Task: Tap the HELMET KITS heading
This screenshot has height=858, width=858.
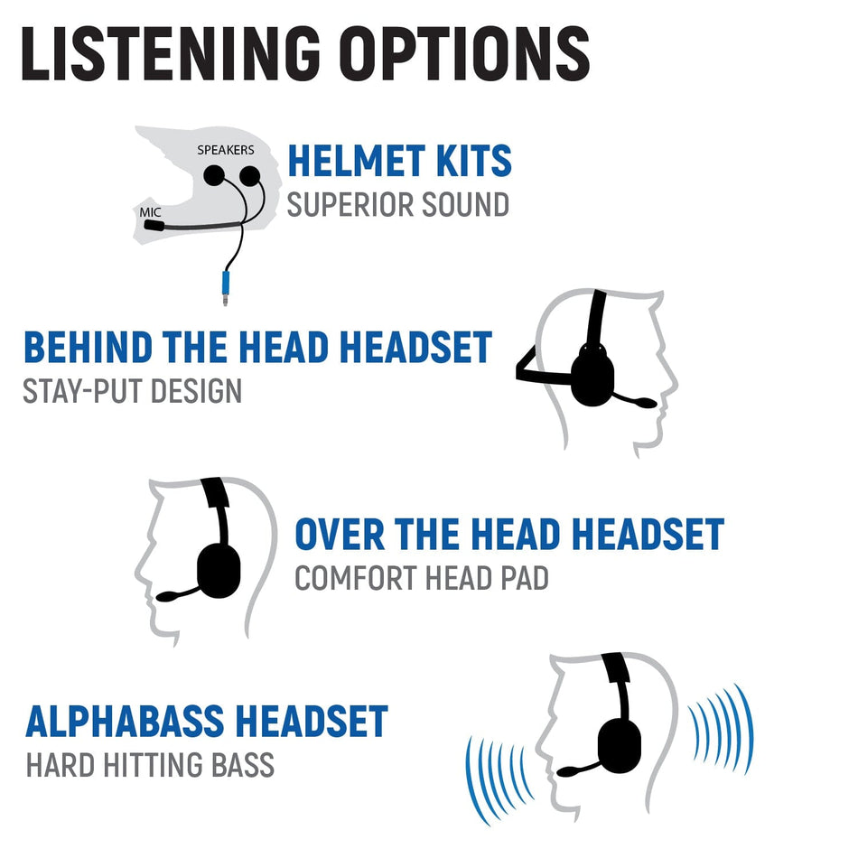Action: (399, 162)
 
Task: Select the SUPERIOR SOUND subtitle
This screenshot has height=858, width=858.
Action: (397, 205)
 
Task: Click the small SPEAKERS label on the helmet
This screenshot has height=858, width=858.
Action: (225, 150)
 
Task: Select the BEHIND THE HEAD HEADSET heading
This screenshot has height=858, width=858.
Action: (257, 348)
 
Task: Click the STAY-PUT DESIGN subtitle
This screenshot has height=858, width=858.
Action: (132, 391)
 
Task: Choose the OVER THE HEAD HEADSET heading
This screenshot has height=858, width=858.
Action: (508, 535)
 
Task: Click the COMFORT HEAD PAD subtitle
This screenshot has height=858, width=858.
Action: (421, 578)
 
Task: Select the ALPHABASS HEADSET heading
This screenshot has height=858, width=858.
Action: (207, 723)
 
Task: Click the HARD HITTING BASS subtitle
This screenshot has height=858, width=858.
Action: (150, 766)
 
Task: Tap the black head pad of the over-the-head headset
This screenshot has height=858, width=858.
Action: (216, 493)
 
